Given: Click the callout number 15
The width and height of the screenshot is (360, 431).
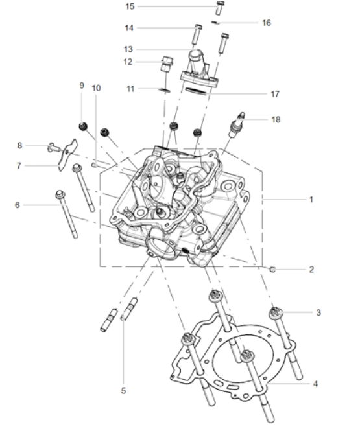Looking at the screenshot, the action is pyautogui.click(x=130, y=6).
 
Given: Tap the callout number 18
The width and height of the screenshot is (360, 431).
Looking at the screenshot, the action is pyautogui.click(x=276, y=119).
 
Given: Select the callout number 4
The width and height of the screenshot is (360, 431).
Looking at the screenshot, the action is pyautogui.click(x=315, y=384).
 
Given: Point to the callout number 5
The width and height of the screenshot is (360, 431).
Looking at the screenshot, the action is pyautogui.click(x=123, y=391).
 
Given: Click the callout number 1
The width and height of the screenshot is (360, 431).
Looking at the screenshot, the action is pyautogui.click(x=311, y=200).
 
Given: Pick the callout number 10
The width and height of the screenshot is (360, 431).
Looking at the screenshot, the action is pyautogui.click(x=96, y=88).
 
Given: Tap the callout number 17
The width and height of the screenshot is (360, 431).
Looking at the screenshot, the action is pyautogui.click(x=275, y=94).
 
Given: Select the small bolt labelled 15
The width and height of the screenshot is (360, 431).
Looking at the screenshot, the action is pyautogui.click(x=220, y=8).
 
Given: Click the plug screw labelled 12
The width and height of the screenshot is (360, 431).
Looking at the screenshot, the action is pyautogui.click(x=167, y=64).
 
